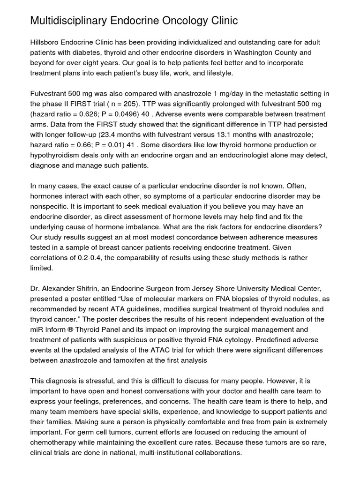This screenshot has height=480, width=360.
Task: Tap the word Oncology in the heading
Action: click(188, 21)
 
